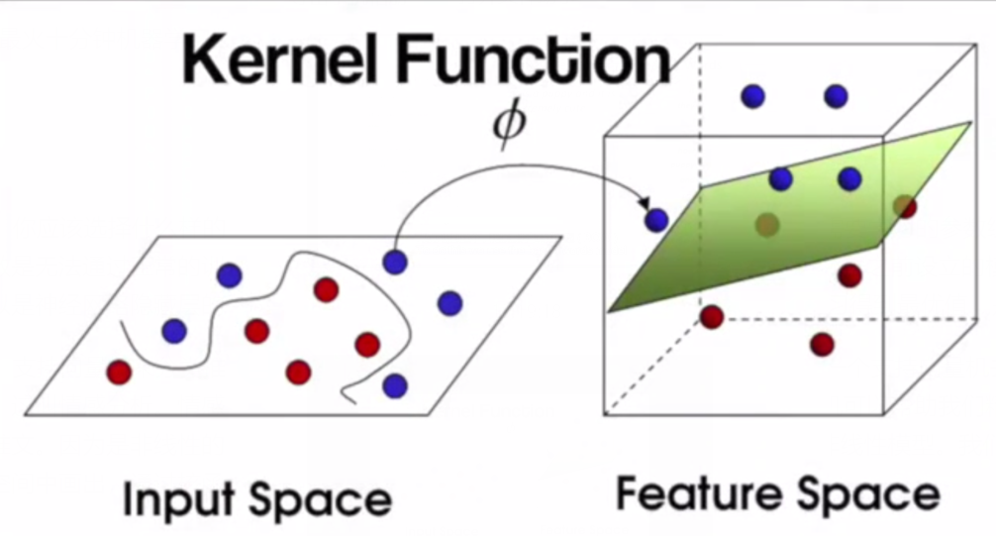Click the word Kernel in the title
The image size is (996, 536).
286,61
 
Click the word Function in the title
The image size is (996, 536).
536,61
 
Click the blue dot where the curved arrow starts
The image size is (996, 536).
395,262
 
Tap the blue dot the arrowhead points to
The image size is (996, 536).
656,220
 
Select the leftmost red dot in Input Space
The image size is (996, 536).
119,373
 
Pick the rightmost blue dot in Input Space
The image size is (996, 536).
449,302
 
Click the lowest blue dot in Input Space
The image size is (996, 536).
395,385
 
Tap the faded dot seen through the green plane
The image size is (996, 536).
766,225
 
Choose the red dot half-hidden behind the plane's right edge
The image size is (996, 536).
903,206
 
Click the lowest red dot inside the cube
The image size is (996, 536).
821,344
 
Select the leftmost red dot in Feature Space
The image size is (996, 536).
711,317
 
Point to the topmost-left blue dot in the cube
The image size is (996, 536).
753,96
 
